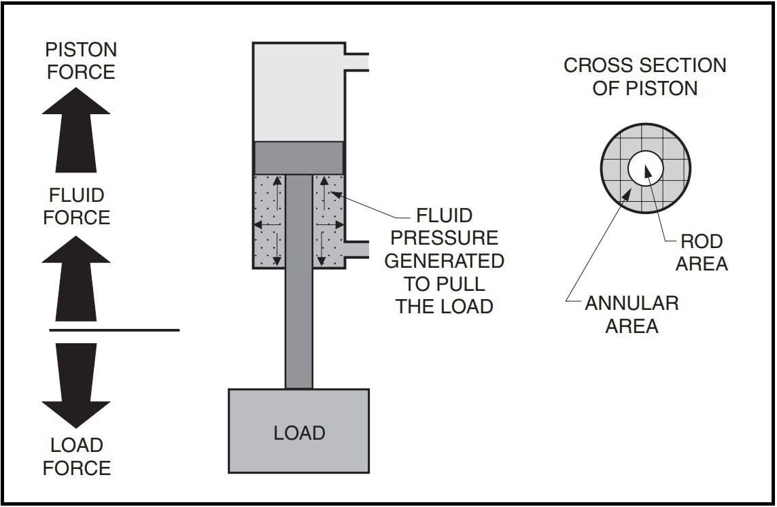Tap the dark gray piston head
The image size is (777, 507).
click(299, 158)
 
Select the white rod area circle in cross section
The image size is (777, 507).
click(645, 168)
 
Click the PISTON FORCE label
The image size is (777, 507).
click(82, 60)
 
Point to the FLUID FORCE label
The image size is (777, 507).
click(76, 206)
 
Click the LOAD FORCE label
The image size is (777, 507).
click(77, 457)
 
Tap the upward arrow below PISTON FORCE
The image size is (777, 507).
click(76, 130)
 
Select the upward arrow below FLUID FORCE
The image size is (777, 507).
click(76, 279)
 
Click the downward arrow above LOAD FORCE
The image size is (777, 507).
click(76, 385)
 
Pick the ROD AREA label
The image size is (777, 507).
click(702, 252)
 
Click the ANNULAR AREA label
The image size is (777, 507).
click(632, 314)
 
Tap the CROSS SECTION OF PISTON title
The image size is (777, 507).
click(645, 76)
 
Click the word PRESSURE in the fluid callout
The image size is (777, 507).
click(444, 238)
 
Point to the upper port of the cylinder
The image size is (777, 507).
click(357, 62)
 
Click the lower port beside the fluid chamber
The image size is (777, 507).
click(357, 249)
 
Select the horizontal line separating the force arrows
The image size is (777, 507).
click(114, 330)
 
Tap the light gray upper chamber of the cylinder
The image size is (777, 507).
click(299, 92)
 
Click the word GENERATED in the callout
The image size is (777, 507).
click(444, 261)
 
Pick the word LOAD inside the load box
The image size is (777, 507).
click(299, 433)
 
